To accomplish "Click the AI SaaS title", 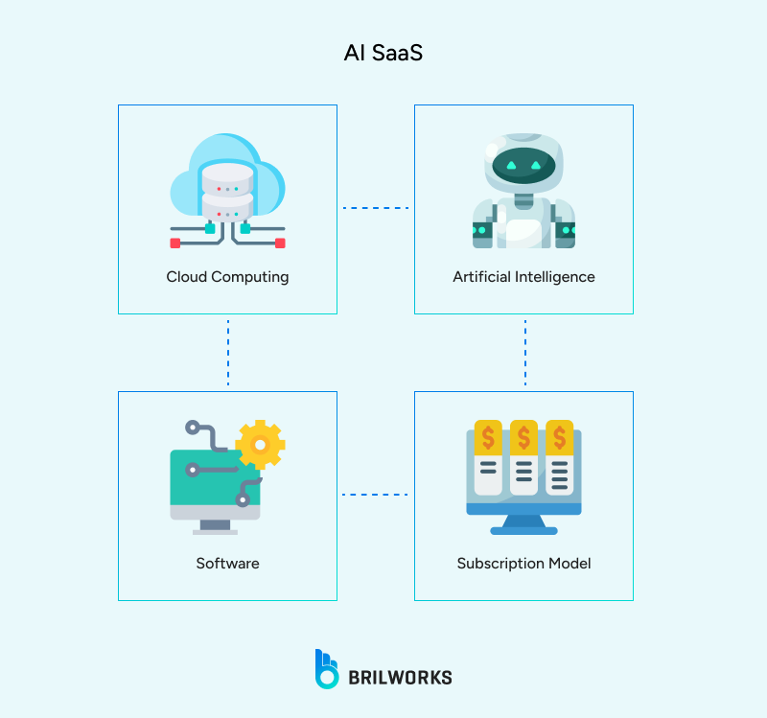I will coord(383,54).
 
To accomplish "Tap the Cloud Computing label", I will coord(227,277).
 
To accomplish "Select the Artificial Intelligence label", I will coord(523,277).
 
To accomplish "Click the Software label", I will coord(227,564).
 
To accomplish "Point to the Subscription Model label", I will coord(523,564).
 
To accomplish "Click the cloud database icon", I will coord(227,187).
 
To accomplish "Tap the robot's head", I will coord(523,164).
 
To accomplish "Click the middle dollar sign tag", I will coord(523,436).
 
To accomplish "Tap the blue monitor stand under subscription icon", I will coord(523,524).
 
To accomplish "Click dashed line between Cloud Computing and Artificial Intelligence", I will coord(376,208).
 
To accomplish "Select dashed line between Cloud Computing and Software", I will coord(228,352).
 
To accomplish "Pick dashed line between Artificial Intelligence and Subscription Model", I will coord(525,352).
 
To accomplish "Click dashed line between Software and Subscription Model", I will coord(376,495).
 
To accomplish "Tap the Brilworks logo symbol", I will coord(327,669).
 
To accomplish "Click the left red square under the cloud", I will coord(175,243).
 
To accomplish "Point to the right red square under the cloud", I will coord(280,243).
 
